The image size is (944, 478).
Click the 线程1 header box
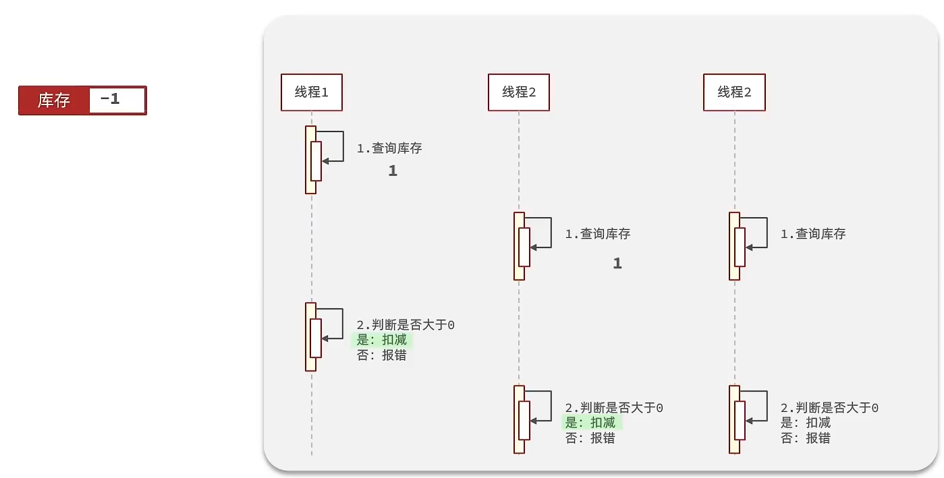tap(312, 92)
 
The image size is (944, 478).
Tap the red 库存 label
tap(54, 100)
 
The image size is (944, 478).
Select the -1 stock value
tap(111, 100)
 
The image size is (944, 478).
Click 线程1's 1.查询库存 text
tap(389, 148)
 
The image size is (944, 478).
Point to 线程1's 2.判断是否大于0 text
tap(406, 325)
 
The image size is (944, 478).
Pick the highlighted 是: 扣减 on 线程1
tap(382, 340)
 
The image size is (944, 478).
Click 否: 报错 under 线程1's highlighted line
tap(382, 355)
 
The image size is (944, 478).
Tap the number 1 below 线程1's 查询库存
tap(393, 171)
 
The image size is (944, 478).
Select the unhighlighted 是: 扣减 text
tap(806, 423)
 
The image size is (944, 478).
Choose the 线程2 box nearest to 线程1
tap(519, 92)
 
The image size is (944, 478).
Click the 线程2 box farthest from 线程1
tap(734, 92)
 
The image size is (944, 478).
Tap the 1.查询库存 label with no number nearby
tap(813, 234)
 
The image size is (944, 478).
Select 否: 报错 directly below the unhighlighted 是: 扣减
tap(806, 438)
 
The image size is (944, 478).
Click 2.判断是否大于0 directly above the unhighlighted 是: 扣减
tap(829, 408)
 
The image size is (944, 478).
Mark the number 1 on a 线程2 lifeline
tap(617, 264)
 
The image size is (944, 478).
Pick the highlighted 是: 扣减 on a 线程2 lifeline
tap(590, 423)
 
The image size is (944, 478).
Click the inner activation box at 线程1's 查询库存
tap(316, 161)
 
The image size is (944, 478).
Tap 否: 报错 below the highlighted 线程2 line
tap(590, 438)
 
